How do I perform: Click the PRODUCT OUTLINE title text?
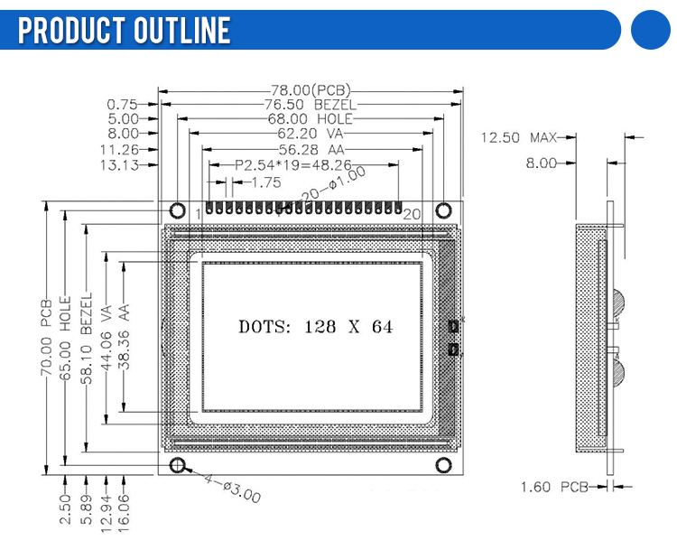click(x=125, y=31)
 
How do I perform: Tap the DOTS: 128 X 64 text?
click(x=316, y=326)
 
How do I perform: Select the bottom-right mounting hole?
click(x=443, y=466)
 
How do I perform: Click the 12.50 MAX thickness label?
click(x=518, y=137)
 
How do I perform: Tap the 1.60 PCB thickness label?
click(x=554, y=488)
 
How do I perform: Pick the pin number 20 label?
click(x=411, y=214)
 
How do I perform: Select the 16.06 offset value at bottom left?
click(x=125, y=510)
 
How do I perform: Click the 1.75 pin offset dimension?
click(x=265, y=182)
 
